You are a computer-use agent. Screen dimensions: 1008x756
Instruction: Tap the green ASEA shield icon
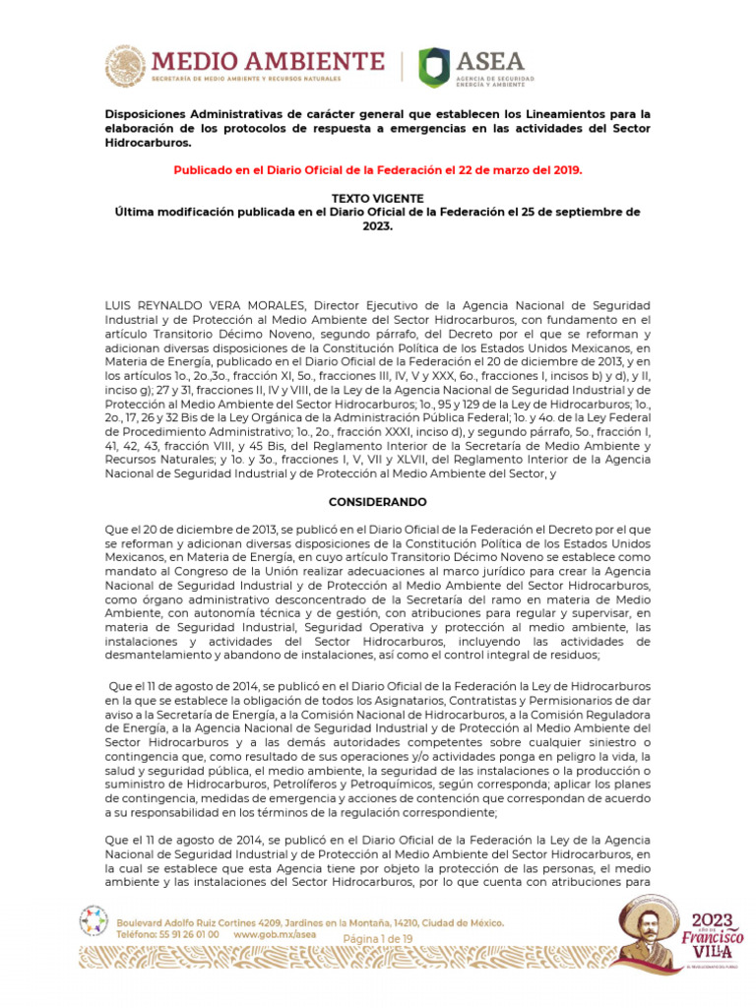click(x=434, y=67)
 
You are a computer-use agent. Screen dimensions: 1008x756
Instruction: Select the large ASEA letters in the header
click(x=491, y=61)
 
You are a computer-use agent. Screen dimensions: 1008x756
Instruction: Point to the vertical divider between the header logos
click(x=403, y=66)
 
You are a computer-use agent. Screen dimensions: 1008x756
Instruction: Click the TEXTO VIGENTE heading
click(x=378, y=198)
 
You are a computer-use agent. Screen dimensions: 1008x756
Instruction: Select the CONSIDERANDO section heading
click(x=378, y=502)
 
